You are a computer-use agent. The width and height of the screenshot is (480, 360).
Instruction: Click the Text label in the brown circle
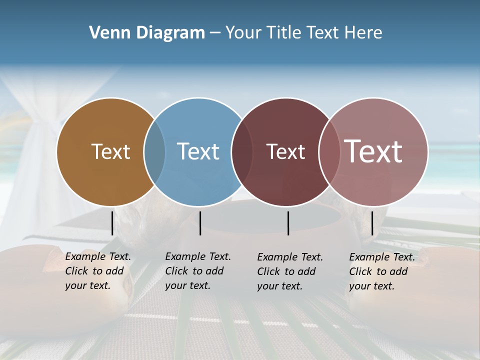tap(110, 151)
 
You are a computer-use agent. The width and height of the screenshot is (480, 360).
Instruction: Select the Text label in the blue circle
tap(198, 151)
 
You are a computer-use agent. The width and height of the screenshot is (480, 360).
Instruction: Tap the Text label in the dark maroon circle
tap(285, 152)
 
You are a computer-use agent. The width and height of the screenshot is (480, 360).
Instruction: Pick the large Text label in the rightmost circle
tap(373, 151)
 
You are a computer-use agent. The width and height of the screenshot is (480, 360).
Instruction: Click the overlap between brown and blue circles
tap(154, 151)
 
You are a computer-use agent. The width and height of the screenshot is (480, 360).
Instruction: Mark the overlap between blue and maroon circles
tap(242, 151)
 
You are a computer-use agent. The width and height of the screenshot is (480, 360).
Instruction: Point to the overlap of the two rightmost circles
tap(328, 151)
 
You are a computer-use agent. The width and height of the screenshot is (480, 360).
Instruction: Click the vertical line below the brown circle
tap(112, 223)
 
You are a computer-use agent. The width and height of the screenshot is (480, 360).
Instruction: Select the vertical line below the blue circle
tap(200, 223)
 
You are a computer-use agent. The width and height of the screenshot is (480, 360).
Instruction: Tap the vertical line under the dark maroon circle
tap(288, 223)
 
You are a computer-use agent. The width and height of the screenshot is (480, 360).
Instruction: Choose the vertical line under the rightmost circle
tap(372, 223)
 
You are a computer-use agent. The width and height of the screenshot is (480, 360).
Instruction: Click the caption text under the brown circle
tap(97, 271)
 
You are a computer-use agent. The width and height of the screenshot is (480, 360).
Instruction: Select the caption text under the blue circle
tap(197, 271)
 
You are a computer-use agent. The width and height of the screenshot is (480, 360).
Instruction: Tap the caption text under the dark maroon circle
tap(289, 271)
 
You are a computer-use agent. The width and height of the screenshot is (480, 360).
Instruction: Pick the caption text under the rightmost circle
tap(381, 271)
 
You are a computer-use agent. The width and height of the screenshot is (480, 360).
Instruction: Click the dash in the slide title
tap(215, 33)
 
